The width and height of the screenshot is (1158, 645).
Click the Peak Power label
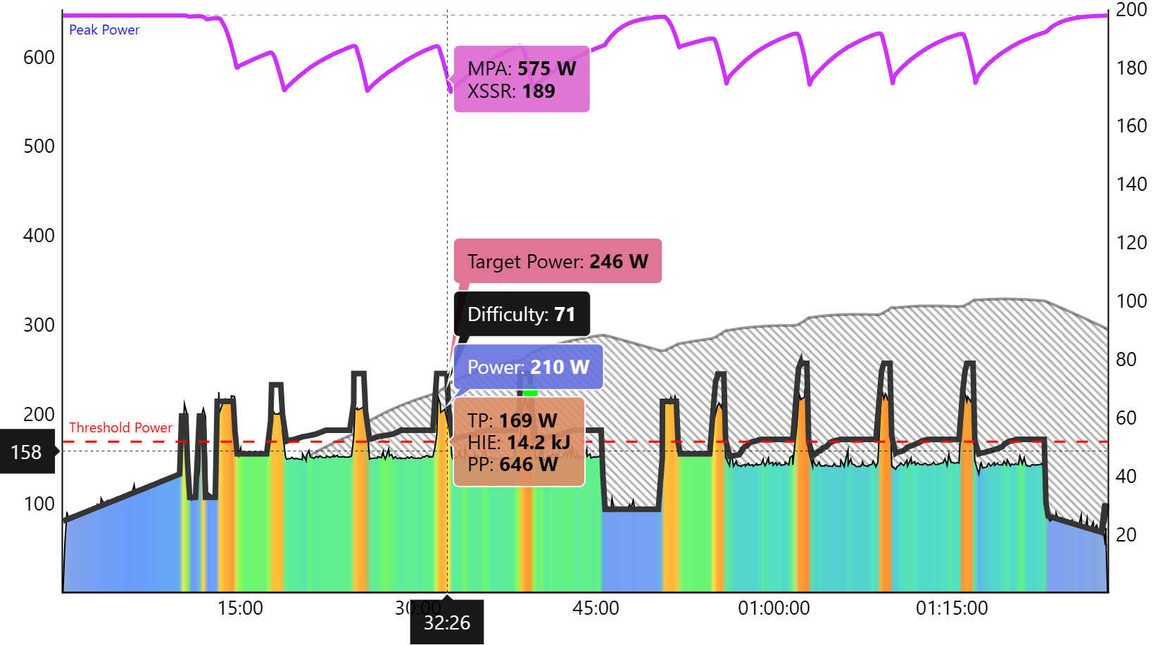click(104, 30)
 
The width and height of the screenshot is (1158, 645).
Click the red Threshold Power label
click(120, 427)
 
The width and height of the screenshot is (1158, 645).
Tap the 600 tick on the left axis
click(39, 58)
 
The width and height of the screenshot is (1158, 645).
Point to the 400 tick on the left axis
click(39, 236)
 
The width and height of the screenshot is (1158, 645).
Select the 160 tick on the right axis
click(1131, 126)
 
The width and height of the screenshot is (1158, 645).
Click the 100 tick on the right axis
click(1131, 301)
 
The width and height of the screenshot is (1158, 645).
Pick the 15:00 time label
click(240, 608)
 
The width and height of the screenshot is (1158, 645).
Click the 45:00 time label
click(596, 608)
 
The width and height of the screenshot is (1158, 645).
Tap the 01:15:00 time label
click(952, 608)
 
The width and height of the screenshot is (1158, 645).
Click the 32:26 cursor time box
click(447, 622)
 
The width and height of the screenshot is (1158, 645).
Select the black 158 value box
click(27, 452)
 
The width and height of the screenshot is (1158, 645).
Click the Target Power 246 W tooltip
click(558, 261)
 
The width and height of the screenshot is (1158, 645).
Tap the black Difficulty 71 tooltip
click(522, 314)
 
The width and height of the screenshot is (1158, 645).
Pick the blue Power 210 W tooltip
click(528, 367)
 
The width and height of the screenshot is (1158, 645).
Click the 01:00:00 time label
click(774, 608)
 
